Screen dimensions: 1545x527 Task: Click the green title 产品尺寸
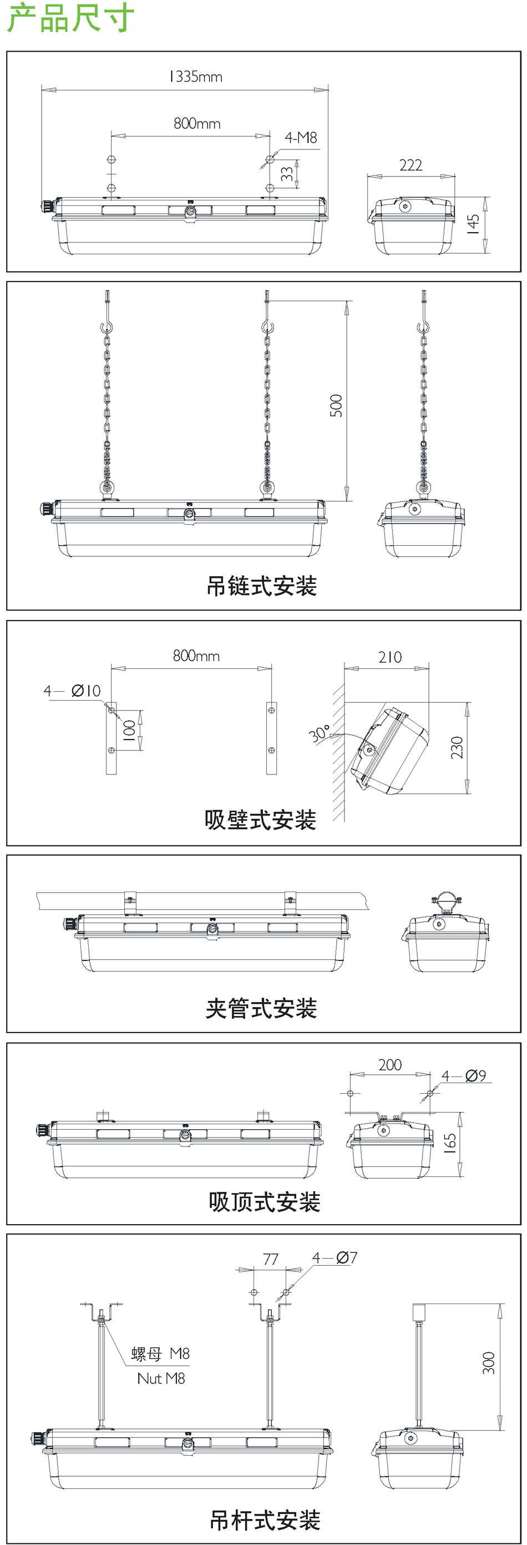tap(71, 18)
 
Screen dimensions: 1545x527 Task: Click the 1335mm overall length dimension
tap(195, 77)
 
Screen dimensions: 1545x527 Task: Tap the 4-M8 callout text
tap(301, 138)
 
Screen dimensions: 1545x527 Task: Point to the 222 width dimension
tap(411, 165)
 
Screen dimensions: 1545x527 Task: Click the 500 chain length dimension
tap(336, 406)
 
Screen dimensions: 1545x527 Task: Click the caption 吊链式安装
tap(261, 586)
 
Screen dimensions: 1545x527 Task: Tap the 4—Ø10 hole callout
tap(72, 691)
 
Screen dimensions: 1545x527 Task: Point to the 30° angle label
tap(319, 733)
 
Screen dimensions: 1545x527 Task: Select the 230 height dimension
tap(457, 747)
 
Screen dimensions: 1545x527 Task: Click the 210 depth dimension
tap(390, 657)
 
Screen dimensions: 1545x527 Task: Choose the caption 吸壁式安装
tap(260, 819)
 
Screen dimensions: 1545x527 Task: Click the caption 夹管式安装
tap(261, 1008)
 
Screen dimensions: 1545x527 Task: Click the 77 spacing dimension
tap(270, 1259)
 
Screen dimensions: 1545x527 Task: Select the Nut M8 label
tap(161, 1378)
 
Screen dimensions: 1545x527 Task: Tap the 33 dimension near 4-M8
tap(288, 174)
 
